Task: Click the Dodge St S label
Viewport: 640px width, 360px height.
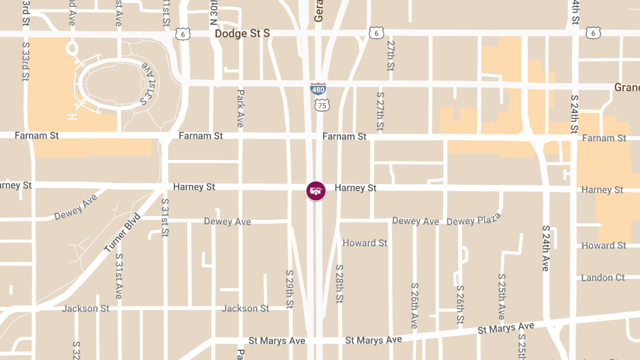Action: coord(242,34)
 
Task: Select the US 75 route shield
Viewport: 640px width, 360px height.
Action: coord(322,105)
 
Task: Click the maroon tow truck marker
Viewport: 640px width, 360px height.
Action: coord(316,190)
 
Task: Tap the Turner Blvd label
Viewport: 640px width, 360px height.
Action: coord(123,233)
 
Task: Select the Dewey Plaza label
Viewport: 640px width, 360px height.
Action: coord(474,219)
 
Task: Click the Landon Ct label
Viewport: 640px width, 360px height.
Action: coord(603,278)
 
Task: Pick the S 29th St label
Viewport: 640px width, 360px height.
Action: coord(290,289)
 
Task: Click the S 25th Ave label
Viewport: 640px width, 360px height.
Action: coord(502,296)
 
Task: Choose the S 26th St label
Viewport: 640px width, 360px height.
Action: coord(460,304)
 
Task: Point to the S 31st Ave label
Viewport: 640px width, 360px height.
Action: coord(119,276)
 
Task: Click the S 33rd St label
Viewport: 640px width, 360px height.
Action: coord(25,59)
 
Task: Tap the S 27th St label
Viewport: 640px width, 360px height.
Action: coord(380,111)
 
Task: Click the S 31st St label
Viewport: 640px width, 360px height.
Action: coord(165,217)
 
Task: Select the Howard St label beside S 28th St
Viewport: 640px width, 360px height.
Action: coord(365,243)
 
